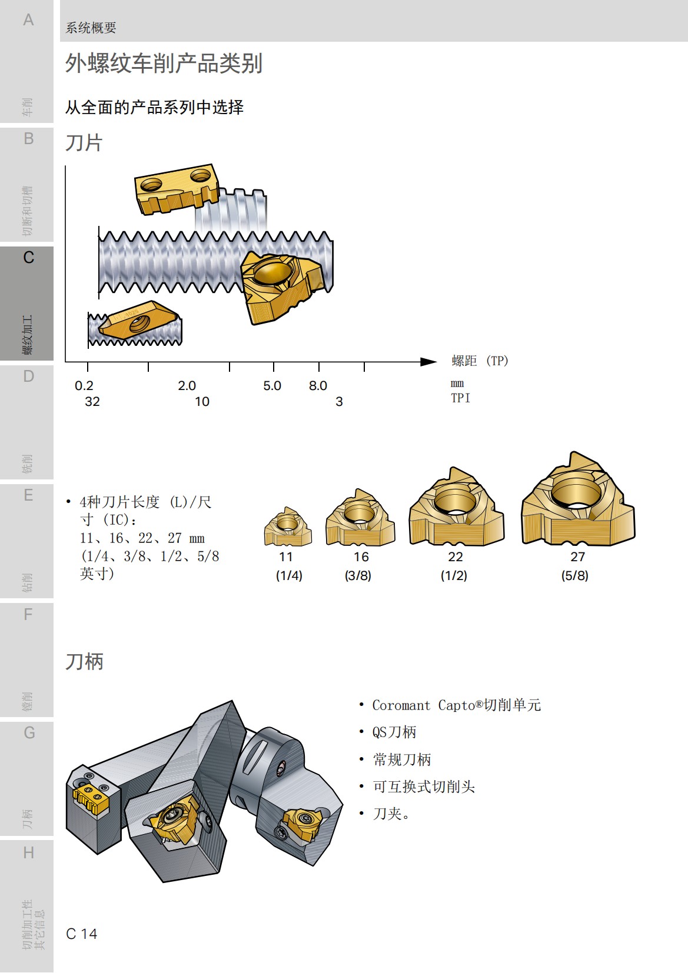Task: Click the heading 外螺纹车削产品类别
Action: tap(164, 63)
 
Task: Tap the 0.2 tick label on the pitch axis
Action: tap(84, 386)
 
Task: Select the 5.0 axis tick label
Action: tap(272, 386)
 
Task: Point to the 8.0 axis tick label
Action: tap(318, 386)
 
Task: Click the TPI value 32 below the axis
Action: tap(92, 402)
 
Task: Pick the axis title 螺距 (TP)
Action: tap(480, 361)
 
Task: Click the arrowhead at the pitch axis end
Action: tap(429, 361)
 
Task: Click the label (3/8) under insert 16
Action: tap(358, 575)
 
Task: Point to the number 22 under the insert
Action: tap(456, 557)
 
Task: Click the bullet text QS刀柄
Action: tap(394, 732)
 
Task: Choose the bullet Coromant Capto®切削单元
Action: tap(456, 705)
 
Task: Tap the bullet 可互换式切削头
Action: tap(424, 787)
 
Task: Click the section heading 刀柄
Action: tap(84, 661)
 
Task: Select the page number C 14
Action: tap(82, 934)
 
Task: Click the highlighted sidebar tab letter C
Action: tap(28, 258)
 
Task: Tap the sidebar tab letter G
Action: tap(29, 733)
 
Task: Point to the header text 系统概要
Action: tap(91, 28)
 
